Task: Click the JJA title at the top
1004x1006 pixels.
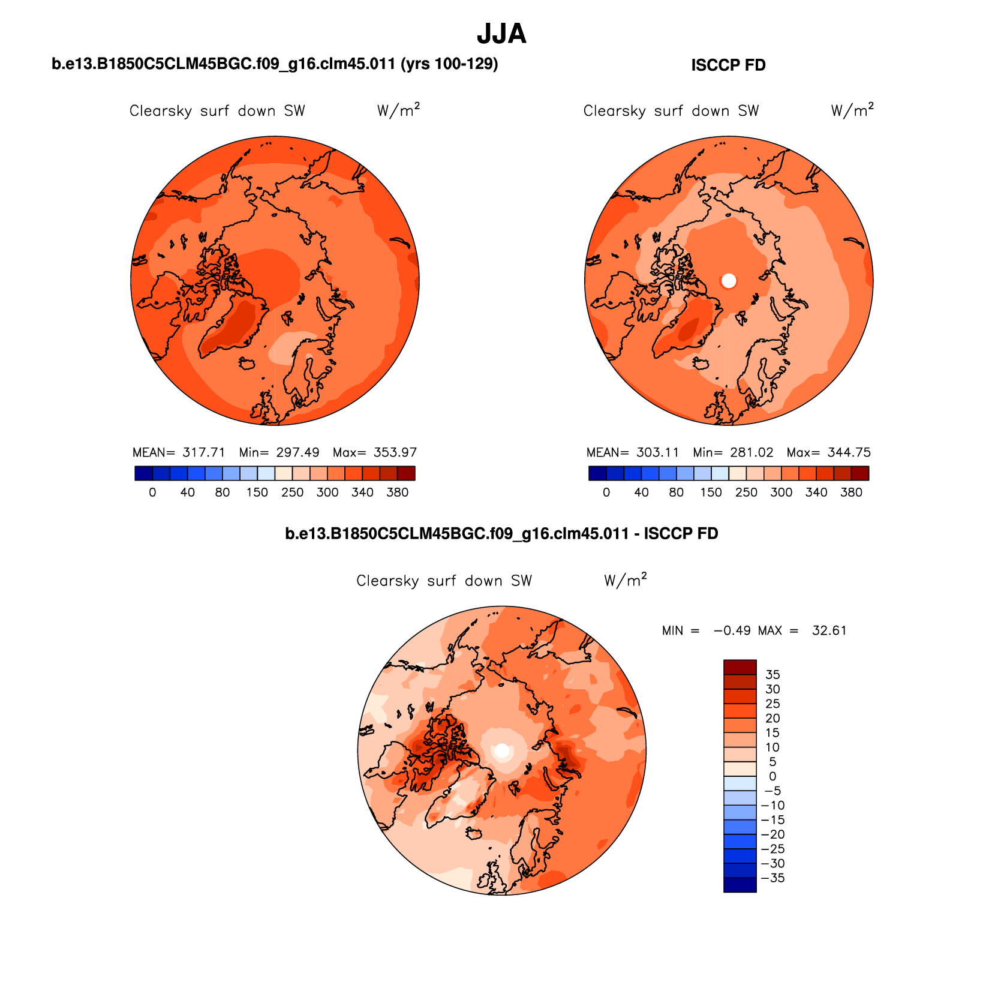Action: [501, 34]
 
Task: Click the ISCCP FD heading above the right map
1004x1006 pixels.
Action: [728, 65]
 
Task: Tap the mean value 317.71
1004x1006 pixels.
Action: [204, 452]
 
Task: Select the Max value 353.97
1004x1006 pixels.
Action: [395, 452]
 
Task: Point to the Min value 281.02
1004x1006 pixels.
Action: [752, 452]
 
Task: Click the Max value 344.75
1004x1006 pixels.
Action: [849, 452]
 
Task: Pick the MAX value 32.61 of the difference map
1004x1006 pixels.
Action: [829, 630]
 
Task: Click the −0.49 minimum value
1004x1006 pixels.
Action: [731, 630]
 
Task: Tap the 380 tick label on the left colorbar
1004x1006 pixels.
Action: [397, 493]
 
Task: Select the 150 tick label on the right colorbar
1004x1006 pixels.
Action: [711, 493]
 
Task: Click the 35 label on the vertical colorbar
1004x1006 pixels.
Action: [772, 675]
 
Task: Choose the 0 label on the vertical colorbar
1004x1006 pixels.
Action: [772, 776]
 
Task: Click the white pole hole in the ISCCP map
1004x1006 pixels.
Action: [729, 281]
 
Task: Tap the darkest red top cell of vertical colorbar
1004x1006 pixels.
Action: [740, 667]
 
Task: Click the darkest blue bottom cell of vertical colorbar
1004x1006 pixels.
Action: [740, 885]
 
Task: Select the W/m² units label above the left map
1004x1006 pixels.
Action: [398, 110]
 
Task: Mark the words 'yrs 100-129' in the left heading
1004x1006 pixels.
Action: [449, 64]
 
